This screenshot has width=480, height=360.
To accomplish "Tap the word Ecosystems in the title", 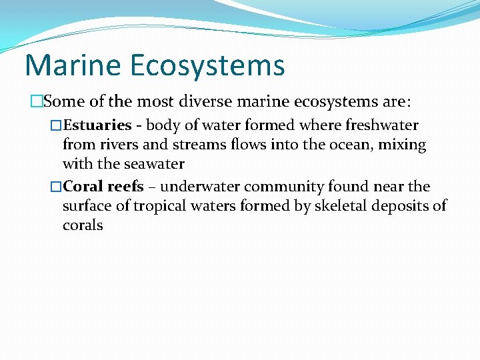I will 207,66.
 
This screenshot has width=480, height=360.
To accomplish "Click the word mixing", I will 403,145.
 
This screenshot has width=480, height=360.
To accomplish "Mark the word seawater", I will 153,163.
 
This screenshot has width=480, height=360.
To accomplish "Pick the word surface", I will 87,206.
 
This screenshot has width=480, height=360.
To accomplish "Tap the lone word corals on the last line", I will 83,225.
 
